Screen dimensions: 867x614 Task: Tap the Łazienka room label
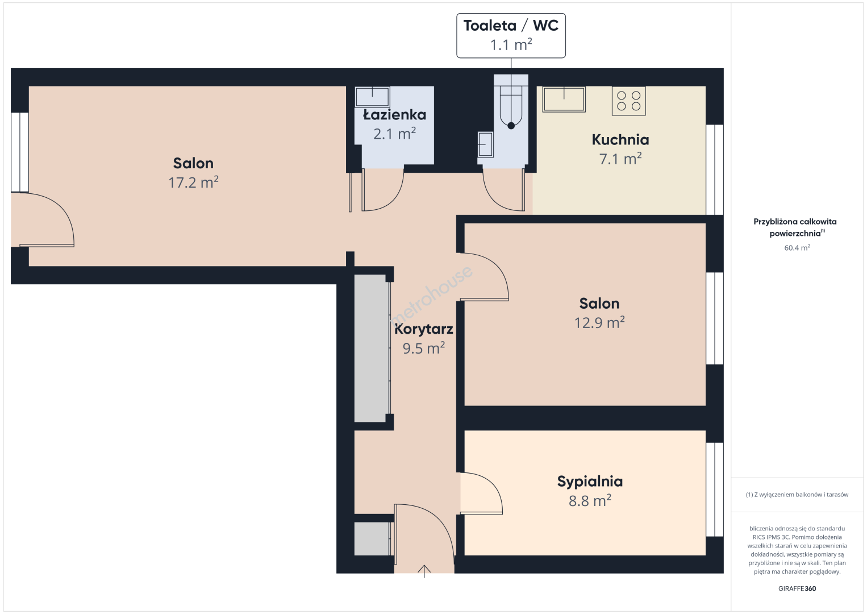point(394,115)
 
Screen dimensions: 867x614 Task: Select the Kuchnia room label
point(620,139)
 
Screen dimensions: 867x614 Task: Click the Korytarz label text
point(423,329)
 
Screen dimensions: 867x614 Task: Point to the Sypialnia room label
point(590,482)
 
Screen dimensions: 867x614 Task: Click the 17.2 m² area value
point(193,182)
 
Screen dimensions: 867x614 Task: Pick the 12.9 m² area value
point(599,322)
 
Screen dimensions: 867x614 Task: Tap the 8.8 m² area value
point(590,500)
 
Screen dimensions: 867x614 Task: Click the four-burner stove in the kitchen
point(628,101)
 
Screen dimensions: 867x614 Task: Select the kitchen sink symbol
point(564,99)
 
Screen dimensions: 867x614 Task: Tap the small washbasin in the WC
point(485,144)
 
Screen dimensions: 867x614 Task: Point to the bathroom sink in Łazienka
point(372,97)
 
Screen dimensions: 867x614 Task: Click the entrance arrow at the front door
point(424,571)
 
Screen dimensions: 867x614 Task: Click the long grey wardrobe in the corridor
point(371,349)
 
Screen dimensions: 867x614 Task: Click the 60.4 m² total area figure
point(797,248)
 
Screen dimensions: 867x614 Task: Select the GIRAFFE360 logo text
point(797,588)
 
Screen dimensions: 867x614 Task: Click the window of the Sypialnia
point(715,489)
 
